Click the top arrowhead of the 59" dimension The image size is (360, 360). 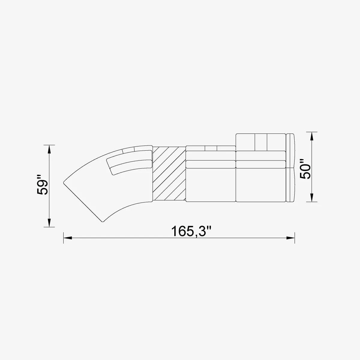(49, 149)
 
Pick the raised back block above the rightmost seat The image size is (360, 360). (260, 142)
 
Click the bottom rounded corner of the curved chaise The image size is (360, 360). (103, 221)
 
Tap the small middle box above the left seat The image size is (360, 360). (211, 148)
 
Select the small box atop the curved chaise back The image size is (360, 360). (128, 150)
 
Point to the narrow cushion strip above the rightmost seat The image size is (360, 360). (261, 164)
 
